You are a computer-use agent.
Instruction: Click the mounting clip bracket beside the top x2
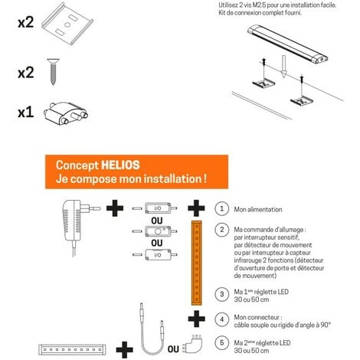[67, 24]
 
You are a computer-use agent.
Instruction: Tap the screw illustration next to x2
[53, 72]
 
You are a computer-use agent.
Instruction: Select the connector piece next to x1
[66, 113]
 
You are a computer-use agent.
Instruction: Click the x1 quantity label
[26, 113]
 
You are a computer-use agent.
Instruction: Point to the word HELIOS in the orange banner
[120, 165]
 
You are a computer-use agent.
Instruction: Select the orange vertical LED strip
[197, 263]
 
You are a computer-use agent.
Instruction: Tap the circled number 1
[221, 209]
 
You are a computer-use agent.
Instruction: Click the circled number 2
[221, 230]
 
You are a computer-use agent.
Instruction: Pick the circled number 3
[221, 294]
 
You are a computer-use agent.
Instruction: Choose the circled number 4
[221, 319]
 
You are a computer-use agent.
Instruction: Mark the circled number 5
[221, 343]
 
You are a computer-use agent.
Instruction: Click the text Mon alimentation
[258, 210]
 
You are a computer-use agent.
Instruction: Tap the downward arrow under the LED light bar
[283, 67]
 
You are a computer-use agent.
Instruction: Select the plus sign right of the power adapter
[115, 208]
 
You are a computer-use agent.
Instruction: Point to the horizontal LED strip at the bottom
[72, 349]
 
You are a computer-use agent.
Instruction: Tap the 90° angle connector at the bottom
[193, 344]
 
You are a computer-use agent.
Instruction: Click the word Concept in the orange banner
[77, 165]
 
